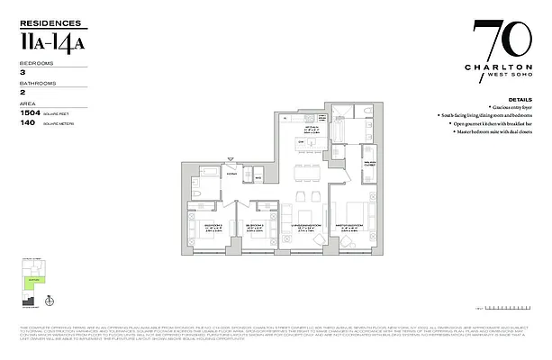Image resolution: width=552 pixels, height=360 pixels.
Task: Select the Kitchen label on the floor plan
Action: pos(311,130)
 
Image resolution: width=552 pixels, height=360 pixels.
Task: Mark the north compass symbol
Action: pos(51,301)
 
